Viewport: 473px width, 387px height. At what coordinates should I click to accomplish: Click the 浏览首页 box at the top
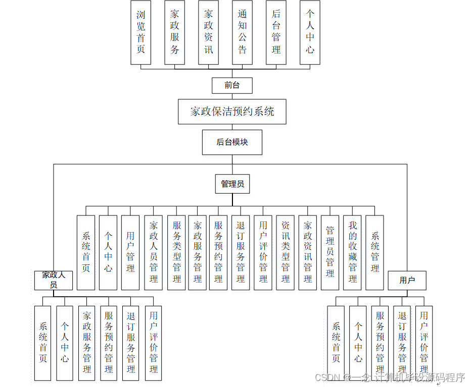pos(140,32)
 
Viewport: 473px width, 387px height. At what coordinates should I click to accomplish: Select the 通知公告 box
pos(242,32)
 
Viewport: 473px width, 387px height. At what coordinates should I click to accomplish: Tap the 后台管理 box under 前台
pos(276,32)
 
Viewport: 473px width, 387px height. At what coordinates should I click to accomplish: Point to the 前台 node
pos(232,85)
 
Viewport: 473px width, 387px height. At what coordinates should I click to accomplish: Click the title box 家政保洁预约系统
pos(232,112)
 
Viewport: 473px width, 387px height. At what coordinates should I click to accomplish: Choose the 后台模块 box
pos(232,142)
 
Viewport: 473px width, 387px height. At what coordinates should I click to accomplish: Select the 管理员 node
pos(232,184)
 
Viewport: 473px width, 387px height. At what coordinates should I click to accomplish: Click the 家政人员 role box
pos(54,280)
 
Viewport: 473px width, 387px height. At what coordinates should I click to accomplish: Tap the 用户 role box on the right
pos(407,280)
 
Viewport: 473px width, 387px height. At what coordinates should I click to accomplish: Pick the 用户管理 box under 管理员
pos(130,252)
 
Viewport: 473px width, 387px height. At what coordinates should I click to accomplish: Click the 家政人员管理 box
pos(154,252)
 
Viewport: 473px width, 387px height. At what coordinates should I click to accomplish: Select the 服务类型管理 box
pos(176,252)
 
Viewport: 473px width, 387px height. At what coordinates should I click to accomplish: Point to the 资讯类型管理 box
pos(286,252)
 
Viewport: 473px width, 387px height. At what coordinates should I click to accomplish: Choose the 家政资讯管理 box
pos(308,252)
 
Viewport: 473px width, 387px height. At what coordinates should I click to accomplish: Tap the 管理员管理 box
pos(330,252)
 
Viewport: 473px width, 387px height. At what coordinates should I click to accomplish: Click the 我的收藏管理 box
pos(352,252)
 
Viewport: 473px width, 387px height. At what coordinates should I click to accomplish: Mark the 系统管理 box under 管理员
pos(374,252)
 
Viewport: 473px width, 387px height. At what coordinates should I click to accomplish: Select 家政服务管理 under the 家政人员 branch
pos(87,343)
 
